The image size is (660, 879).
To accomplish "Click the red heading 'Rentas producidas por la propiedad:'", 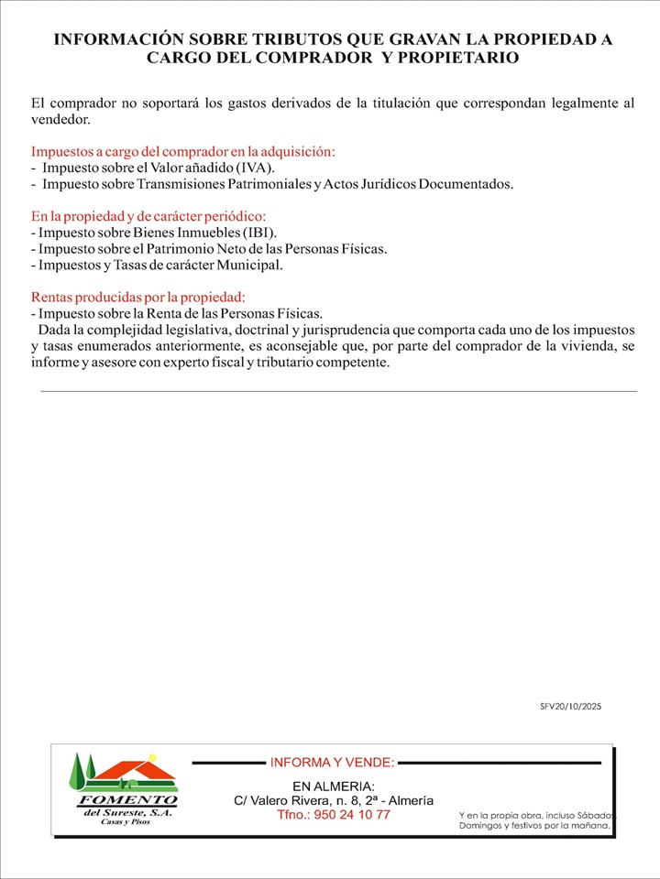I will pos(138,298).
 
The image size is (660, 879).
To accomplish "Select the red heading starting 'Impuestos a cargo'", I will pos(183,152).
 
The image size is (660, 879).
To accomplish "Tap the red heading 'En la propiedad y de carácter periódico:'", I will pos(148,217).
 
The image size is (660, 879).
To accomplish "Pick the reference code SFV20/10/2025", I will pos(571,707).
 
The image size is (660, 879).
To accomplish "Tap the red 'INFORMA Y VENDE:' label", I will pos(333,762).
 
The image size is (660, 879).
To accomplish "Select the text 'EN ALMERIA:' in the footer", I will pos(333,787).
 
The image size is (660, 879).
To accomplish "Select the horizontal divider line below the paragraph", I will pos(339,391).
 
